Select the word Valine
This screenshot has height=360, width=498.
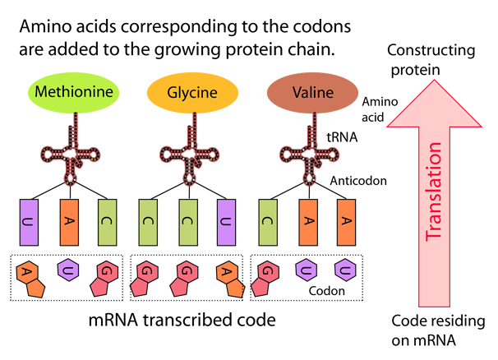(x=312, y=92)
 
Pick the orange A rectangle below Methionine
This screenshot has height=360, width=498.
(x=69, y=223)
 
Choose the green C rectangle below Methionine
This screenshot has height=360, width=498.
(x=108, y=223)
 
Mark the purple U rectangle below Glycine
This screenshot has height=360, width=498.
(x=228, y=223)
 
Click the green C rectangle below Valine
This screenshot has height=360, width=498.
(x=269, y=223)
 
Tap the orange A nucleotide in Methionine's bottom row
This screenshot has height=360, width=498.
(x=30, y=278)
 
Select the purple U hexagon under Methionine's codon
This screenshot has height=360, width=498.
(x=68, y=270)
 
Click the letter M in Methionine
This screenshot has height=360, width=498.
(x=41, y=92)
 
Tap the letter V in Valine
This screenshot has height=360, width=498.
(x=296, y=92)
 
